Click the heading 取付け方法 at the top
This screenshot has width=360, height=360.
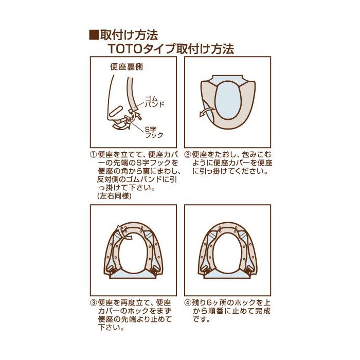[x=129, y=35]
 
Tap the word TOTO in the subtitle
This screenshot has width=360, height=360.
[x=124, y=49]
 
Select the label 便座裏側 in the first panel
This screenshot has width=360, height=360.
[x=127, y=67]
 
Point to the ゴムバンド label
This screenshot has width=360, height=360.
[x=154, y=102]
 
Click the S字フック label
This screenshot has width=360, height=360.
[x=154, y=132]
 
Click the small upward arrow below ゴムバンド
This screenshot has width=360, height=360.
[x=138, y=115]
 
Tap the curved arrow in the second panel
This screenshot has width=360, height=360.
[x=206, y=112]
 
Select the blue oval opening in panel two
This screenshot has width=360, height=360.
[x=228, y=101]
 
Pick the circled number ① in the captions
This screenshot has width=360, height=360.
[x=94, y=154]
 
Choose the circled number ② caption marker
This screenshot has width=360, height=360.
[x=188, y=154]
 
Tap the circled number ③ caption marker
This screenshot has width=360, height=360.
[x=94, y=303]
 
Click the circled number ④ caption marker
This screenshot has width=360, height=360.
[x=188, y=303]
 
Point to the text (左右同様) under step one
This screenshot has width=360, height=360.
[x=114, y=196]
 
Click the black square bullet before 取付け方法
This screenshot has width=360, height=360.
[x=94, y=35]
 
